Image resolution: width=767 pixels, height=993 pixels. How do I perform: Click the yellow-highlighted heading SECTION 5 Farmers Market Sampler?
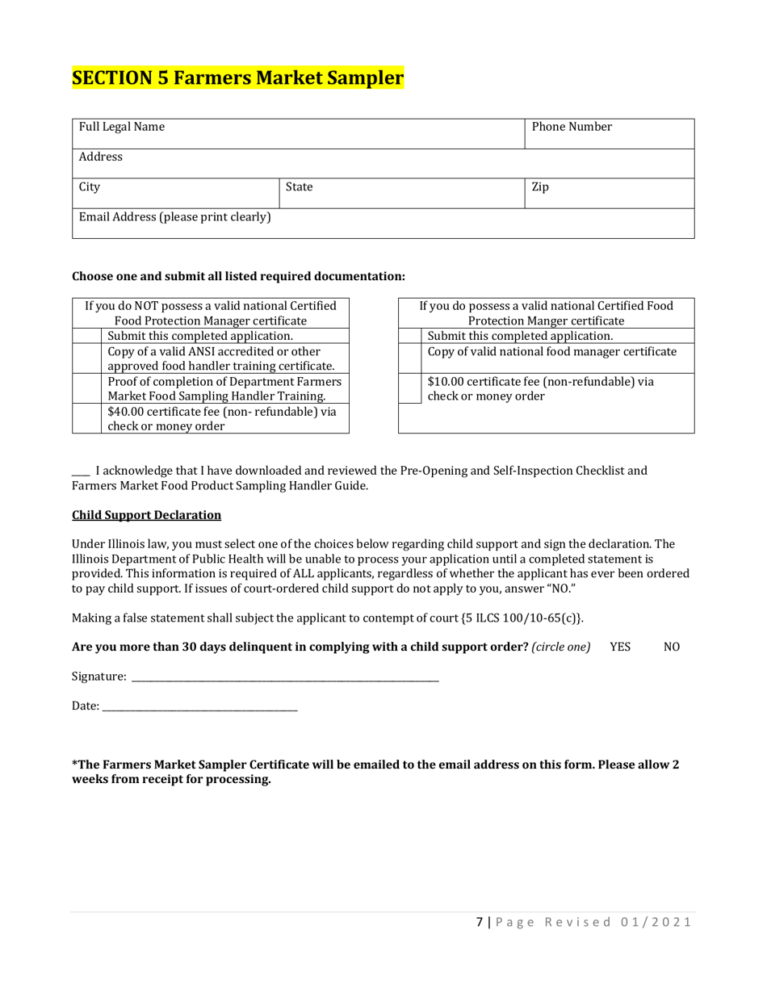238,78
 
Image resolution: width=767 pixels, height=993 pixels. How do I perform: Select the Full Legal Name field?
299,134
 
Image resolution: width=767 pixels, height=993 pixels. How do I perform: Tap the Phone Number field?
610,134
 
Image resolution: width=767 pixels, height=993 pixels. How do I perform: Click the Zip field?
610,194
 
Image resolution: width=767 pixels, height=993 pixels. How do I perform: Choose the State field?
401,194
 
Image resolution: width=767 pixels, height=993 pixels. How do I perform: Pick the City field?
175,194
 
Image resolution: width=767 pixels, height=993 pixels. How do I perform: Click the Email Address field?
383,224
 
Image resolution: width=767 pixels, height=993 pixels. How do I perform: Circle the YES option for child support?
620,647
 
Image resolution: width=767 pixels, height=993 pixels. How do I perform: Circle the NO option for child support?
672,647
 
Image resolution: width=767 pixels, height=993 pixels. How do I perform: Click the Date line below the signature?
199,706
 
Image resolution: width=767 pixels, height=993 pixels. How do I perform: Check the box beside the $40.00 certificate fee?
87,419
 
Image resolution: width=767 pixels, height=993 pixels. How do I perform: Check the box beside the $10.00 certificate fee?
409,388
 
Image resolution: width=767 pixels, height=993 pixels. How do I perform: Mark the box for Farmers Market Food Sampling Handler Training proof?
87,388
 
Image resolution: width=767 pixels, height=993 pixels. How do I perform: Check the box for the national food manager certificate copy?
409,358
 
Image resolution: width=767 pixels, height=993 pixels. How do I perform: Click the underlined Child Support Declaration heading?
146,514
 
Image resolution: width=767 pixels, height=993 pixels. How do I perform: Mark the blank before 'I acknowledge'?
80,471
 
